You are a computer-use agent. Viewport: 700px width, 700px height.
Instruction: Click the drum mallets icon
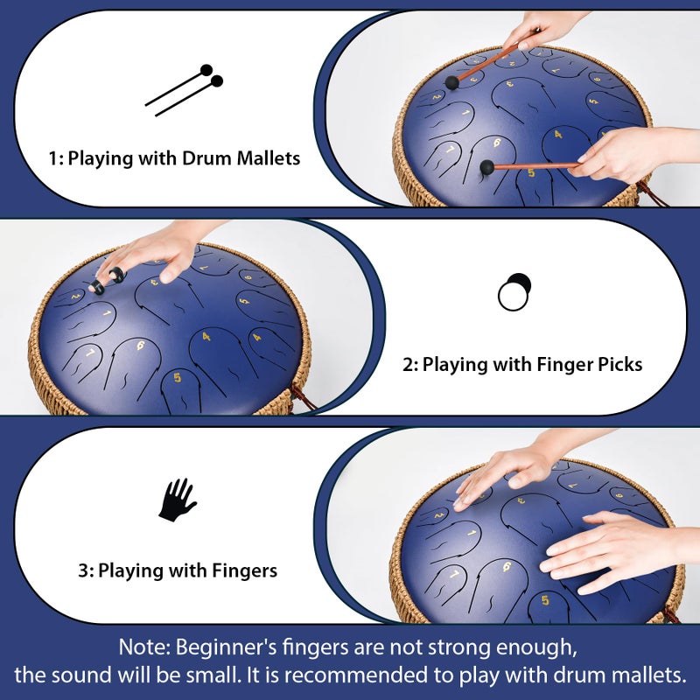[185, 90]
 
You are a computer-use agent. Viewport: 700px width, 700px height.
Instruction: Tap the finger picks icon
[514, 292]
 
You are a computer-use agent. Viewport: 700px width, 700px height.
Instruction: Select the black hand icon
[178, 500]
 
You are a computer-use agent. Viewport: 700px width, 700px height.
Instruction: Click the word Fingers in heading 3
[244, 571]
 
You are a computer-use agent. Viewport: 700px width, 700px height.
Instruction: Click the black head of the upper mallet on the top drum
[452, 83]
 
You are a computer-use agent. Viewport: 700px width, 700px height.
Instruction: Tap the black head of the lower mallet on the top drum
[487, 167]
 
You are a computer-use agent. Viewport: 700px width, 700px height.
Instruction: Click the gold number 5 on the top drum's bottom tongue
[531, 172]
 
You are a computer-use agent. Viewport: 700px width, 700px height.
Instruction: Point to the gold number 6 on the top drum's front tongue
[497, 143]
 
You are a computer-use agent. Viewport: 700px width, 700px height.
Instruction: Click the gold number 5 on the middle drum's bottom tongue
[178, 377]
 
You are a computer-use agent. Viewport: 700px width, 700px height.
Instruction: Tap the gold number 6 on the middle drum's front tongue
[141, 345]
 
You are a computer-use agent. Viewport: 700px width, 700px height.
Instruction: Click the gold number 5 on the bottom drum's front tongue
[545, 600]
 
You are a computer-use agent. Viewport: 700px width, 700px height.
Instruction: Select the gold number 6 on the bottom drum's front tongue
[507, 567]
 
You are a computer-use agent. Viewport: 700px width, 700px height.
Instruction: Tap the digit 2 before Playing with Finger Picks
[408, 365]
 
